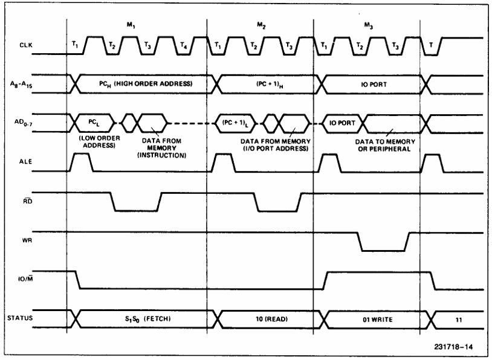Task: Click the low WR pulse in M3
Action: click(383, 249)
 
